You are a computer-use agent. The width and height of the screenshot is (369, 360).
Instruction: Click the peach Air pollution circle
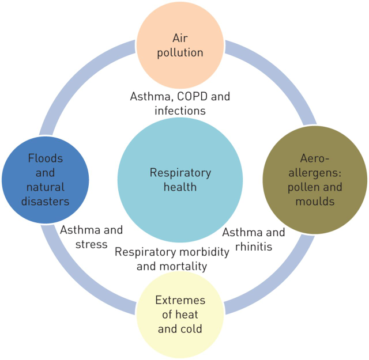click(180, 45)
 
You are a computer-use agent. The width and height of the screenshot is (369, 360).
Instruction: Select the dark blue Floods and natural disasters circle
click(46, 180)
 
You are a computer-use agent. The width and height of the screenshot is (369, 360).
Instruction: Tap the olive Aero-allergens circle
click(315, 180)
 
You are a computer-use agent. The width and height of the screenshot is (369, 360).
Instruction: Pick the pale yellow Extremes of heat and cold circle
click(180, 314)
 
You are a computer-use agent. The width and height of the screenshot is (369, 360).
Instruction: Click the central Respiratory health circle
click(180, 180)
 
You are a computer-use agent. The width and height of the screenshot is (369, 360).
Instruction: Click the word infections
click(180, 111)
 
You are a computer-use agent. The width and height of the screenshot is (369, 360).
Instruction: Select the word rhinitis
click(254, 247)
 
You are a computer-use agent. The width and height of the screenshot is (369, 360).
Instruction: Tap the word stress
click(91, 245)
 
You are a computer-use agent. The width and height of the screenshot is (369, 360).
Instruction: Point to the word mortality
click(186, 267)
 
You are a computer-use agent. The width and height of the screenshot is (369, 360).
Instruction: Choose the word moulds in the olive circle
click(315, 202)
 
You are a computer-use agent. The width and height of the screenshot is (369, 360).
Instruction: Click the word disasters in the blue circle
click(46, 202)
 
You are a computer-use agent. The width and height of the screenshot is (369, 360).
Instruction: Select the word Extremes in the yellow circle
click(180, 300)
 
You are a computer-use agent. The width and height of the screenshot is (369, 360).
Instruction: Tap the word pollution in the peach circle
click(180, 52)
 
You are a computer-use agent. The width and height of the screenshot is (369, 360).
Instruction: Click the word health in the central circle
click(180, 187)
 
